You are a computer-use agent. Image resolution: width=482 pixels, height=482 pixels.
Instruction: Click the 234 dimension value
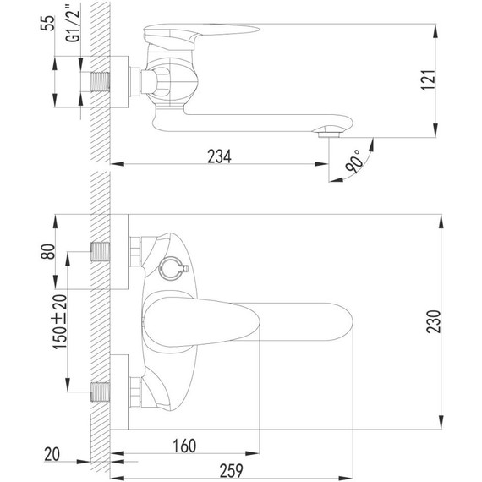click(219, 156)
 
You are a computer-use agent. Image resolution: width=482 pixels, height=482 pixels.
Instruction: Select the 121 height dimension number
click(429, 80)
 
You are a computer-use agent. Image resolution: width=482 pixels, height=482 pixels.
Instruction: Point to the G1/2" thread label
click(74, 21)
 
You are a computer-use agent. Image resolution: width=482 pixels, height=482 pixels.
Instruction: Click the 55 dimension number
click(47, 23)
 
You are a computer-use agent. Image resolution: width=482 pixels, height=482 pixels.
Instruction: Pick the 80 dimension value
click(47, 251)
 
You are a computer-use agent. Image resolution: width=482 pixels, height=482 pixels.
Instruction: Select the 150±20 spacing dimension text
click(60, 321)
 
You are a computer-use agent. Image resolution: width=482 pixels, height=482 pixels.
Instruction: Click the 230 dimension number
click(434, 321)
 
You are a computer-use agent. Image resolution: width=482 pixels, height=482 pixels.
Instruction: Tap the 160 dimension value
click(184, 446)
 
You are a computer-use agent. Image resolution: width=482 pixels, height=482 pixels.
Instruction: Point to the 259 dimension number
click(231, 471)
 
